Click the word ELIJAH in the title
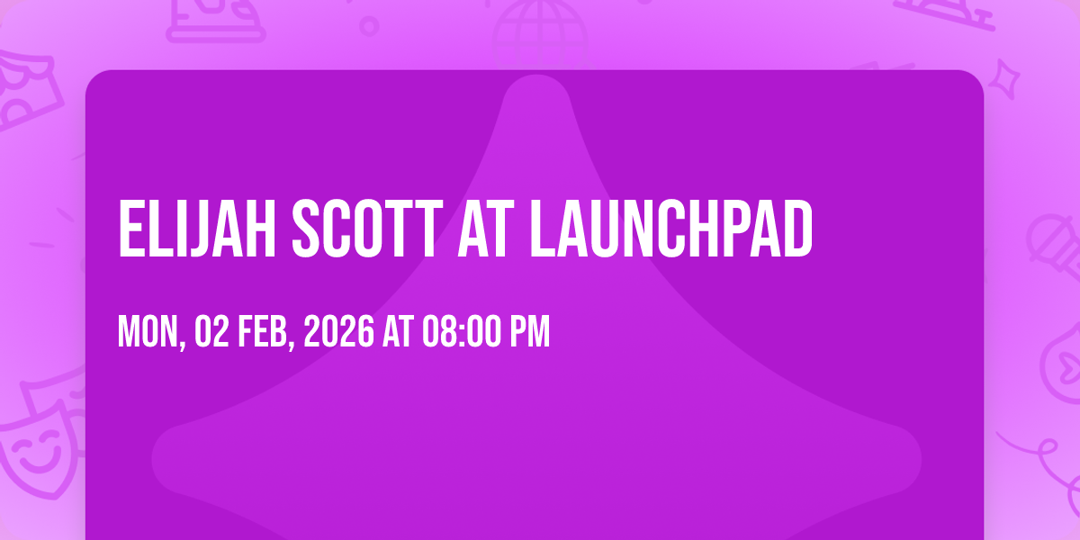[x=197, y=229]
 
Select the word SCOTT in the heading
[x=367, y=229]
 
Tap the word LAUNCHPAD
[x=671, y=229]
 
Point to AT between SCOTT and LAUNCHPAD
[x=486, y=229]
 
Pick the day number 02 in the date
[x=212, y=331]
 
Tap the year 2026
[x=338, y=331]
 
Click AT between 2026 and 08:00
[x=398, y=331]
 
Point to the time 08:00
[x=462, y=331]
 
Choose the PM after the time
[x=530, y=331]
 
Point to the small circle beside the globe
[x=369, y=26]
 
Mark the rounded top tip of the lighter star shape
[x=536, y=76]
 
